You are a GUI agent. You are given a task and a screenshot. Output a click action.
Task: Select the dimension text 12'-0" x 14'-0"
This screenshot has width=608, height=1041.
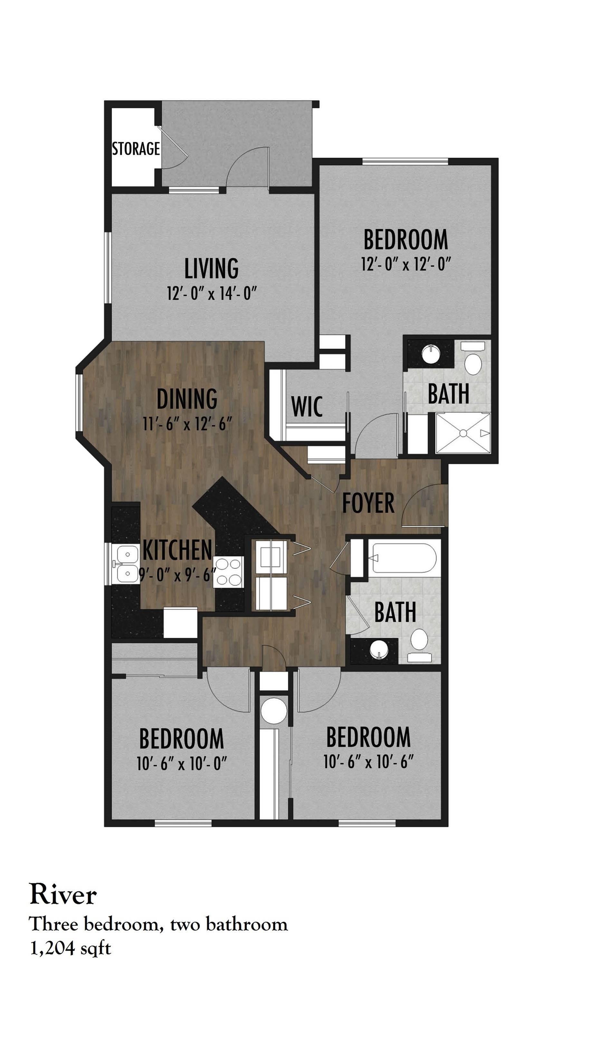pos(212,294)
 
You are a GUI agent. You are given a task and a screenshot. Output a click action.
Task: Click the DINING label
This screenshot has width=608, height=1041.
pos(187,399)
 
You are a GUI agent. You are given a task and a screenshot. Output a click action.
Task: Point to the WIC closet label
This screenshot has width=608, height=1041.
pos(307,406)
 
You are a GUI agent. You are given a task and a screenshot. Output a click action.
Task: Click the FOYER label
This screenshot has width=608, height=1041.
pos(368,503)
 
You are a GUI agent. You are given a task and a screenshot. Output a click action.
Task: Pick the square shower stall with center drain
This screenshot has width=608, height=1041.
pos(463,433)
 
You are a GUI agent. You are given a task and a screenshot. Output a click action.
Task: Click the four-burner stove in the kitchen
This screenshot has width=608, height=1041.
pos(228,571)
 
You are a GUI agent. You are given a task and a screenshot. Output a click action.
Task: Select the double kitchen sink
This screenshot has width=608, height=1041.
pos(126,564)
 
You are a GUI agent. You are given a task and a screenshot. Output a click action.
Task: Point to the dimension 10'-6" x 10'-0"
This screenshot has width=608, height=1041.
pos(182,763)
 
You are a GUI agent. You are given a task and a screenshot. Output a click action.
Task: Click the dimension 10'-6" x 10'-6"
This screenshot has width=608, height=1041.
pos(368,762)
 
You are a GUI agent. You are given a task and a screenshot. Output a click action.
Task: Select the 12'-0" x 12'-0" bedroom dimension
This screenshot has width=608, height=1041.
pos(405,264)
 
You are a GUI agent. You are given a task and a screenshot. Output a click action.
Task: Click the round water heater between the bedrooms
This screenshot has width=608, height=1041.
pos(273,712)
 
